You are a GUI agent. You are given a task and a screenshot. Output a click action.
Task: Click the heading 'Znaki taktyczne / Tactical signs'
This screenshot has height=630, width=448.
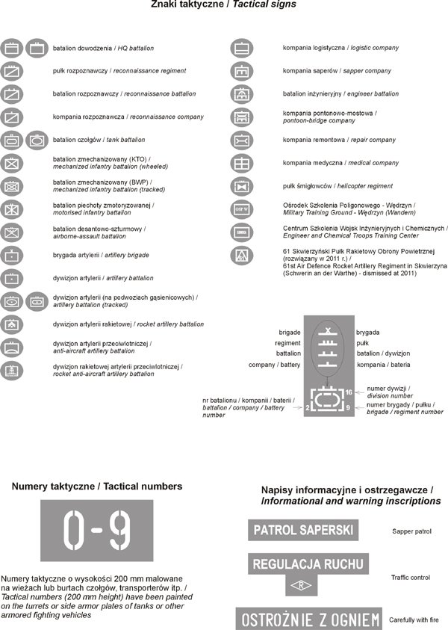click(223, 4)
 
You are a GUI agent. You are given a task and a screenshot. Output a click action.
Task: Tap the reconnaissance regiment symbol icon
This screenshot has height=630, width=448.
click(12, 72)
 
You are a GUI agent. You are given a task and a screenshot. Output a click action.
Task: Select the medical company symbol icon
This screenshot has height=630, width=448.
click(241, 163)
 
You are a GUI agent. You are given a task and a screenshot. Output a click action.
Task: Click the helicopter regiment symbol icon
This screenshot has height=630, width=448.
click(241, 186)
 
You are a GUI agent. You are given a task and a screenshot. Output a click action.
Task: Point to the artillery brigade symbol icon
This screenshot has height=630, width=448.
click(12, 256)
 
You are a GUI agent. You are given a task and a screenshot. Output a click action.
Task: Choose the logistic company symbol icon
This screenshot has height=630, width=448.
click(241, 49)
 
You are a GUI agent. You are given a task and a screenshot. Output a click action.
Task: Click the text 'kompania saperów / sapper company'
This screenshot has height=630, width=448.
click(336, 71)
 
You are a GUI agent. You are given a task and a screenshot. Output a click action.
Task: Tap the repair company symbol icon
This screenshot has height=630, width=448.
click(241, 140)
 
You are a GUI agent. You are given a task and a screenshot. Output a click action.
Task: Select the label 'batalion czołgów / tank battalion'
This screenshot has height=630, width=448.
click(99, 140)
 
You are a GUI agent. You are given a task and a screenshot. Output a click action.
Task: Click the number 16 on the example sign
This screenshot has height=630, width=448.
click(349, 392)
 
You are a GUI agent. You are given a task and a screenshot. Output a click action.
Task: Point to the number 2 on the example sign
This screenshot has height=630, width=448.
click(307, 408)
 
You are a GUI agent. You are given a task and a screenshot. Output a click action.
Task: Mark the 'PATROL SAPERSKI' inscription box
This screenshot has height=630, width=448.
click(303, 530)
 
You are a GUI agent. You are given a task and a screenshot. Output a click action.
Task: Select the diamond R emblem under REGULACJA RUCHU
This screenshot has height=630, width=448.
click(302, 584)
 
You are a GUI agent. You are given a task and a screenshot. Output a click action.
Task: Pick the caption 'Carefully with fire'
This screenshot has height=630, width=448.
click(420, 620)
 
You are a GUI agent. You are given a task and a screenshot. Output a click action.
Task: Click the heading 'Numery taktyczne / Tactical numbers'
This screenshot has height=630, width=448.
click(97, 487)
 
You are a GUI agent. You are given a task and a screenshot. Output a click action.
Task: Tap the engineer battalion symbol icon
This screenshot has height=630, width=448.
click(241, 94)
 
